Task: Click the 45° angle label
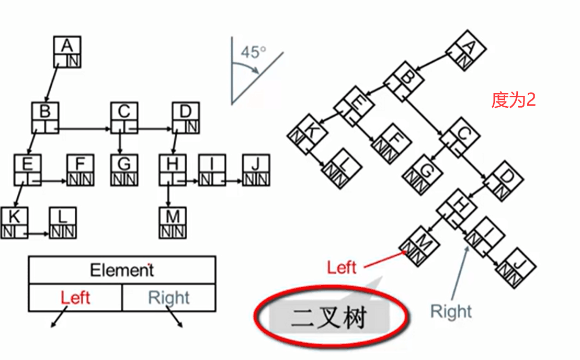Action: pos(253,52)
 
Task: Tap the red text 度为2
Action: pos(513,100)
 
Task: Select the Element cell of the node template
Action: pos(122,271)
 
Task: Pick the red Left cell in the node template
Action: pos(75,298)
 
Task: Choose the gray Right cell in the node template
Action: pos(168,298)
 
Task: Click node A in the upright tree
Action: pos(67,51)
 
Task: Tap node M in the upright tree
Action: pos(173,223)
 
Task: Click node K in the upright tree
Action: pos(14,223)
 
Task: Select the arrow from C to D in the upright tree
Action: pos(152,128)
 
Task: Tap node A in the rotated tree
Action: pos(467,50)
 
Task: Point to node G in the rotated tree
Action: pos(423,172)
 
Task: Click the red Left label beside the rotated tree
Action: pos(342,267)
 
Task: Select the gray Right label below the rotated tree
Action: pos(451,311)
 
